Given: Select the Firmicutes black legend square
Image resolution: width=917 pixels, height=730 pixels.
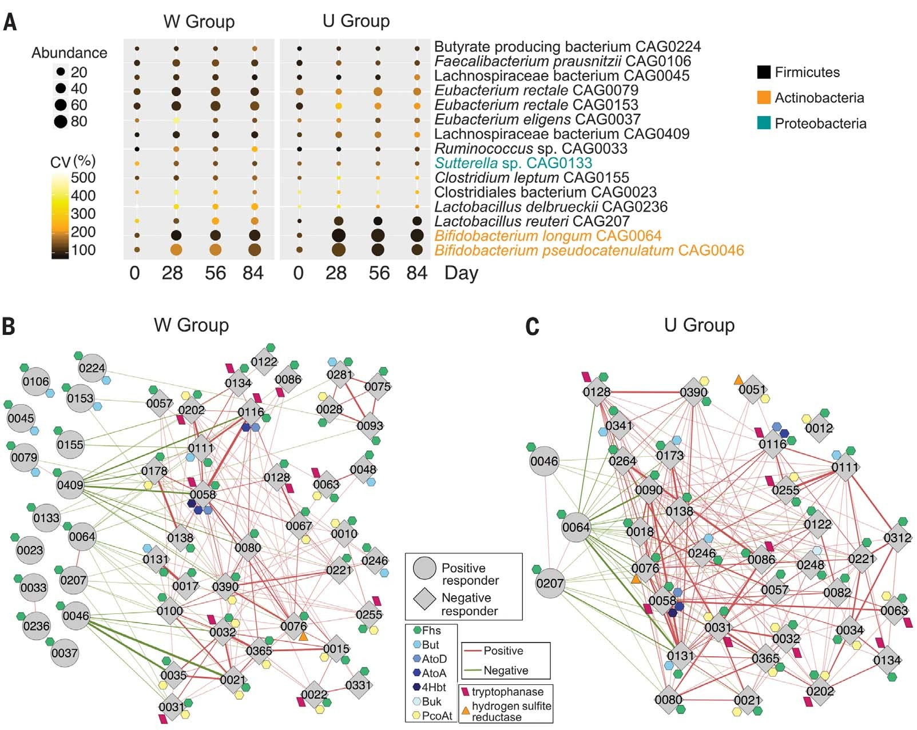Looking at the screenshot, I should pos(764,72).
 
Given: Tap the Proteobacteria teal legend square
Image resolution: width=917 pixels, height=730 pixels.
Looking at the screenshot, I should pos(764,123).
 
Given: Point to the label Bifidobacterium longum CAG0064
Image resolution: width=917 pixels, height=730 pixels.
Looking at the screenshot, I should pos(547,236).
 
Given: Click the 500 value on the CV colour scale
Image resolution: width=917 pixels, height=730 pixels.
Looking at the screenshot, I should pos(83,178).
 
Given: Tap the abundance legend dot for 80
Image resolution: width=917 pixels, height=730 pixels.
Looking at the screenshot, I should pos(61,121).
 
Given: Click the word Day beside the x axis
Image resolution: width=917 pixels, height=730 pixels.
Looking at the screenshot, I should pos(461,273).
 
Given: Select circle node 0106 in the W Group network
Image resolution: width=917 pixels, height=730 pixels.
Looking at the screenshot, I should pos(36,381).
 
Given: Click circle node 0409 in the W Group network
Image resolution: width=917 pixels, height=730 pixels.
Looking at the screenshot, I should pos(70,485).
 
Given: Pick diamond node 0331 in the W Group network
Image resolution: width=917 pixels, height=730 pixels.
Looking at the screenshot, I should pos(359,684).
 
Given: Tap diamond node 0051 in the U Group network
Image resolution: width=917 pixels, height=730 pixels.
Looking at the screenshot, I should pos(752,389).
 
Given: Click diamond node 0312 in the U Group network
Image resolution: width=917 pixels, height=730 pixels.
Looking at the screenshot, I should pos(897,537).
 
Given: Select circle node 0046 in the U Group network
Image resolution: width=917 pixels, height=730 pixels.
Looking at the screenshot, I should pos(544,461).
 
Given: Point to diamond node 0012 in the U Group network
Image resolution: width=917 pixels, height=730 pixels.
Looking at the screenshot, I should pos(819,428).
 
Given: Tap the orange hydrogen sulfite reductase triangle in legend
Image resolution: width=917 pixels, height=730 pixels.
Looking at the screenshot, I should pos(466,711).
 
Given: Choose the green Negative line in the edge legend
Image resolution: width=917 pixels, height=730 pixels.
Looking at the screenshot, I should pos(472,670).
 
